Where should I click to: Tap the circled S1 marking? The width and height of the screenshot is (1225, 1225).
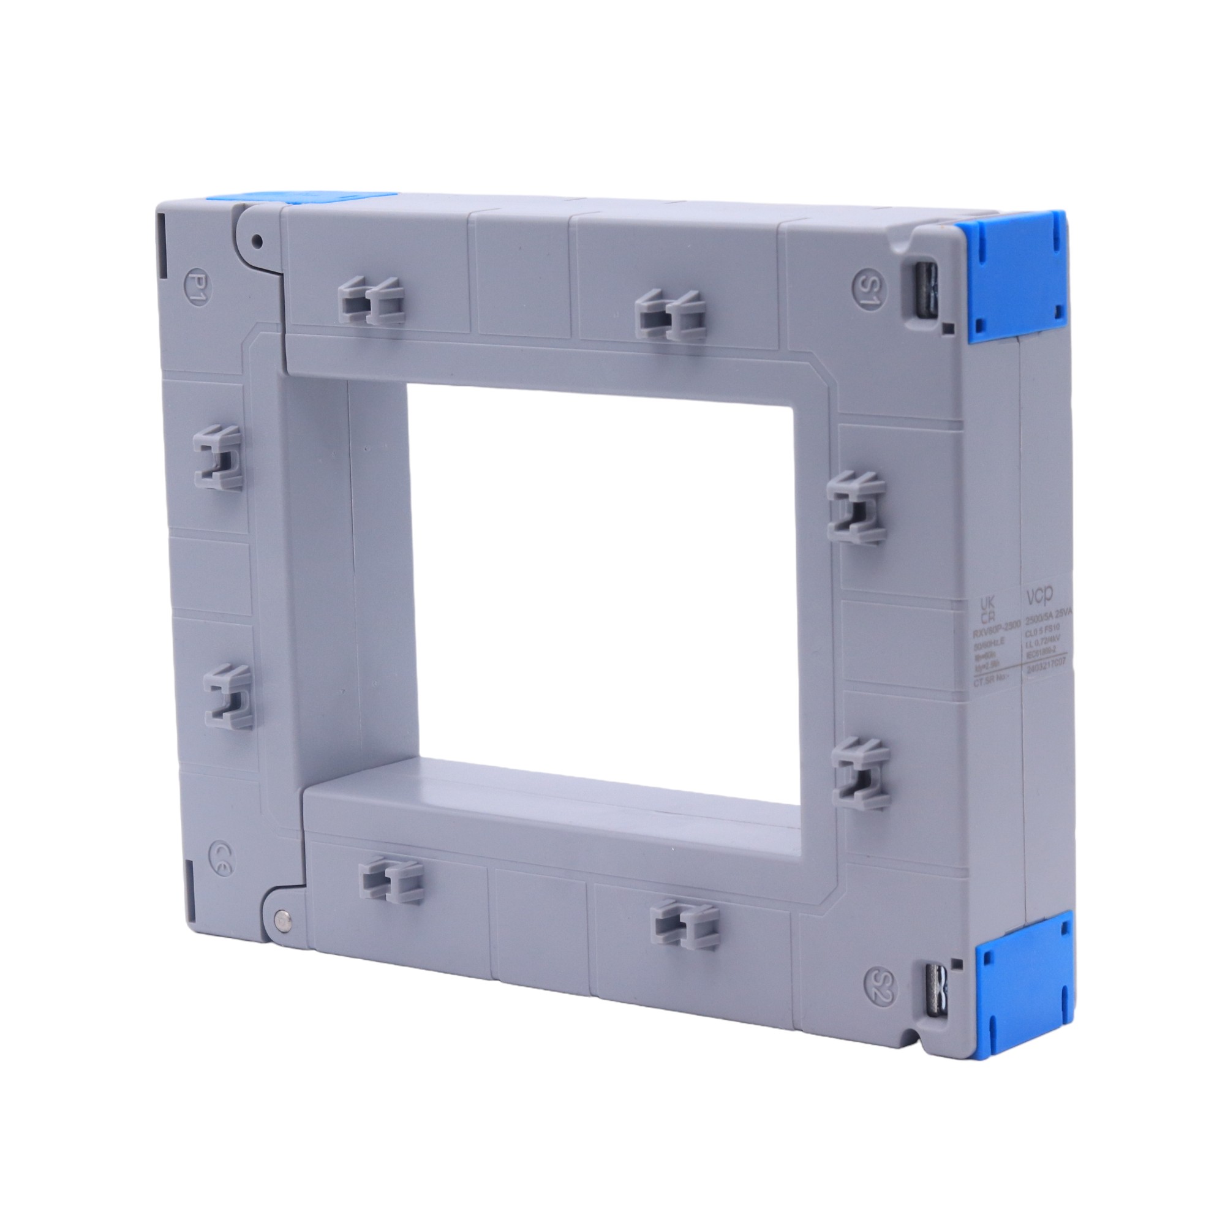(867, 288)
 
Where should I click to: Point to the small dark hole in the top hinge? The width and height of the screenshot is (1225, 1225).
(257, 241)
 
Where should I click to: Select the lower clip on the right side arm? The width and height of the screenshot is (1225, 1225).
(861, 769)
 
